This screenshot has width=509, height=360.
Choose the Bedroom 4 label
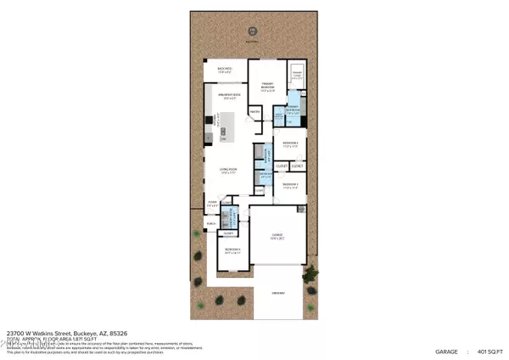pyautogui.click(x=232, y=250)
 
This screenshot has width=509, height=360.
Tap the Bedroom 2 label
pyautogui.click(x=290, y=144)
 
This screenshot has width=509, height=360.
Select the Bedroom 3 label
pyautogui.click(x=290, y=184)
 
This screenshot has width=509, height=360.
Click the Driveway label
pyautogui.click(x=277, y=293)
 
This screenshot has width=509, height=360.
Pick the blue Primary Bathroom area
pyautogui.click(x=291, y=115)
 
